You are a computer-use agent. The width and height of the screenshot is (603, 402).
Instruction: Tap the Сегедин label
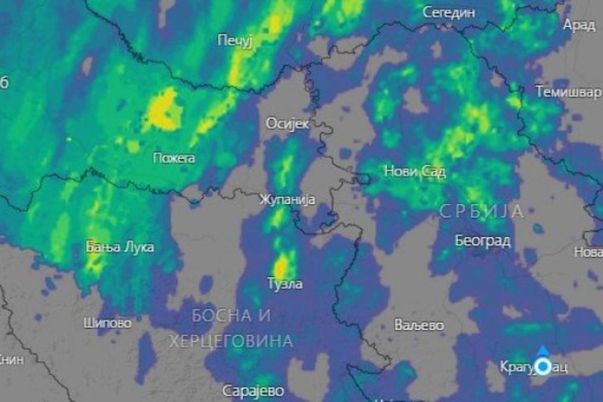(x=449, y=12)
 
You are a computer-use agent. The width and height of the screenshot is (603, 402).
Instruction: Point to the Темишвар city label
(x=568, y=92)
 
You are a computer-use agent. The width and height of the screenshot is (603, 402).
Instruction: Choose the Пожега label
(x=174, y=158)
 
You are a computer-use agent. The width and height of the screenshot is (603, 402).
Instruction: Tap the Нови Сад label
(x=415, y=172)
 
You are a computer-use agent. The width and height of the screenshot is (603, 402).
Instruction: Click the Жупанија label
(x=287, y=200)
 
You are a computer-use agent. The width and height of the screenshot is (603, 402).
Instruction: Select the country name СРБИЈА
(x=481, y=211)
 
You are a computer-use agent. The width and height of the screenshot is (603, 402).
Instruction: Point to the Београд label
(x=482, y=241)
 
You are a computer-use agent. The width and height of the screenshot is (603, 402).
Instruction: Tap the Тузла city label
(x=285, y=283)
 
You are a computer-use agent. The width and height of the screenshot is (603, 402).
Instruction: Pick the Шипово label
(x=107, y=323)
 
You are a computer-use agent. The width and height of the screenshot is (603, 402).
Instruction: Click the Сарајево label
(x=253, y=391)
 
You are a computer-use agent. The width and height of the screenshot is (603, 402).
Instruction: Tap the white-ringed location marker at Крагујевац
(x=543, y=366)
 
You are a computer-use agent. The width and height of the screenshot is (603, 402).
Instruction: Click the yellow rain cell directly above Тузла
(x=281, y=266)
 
